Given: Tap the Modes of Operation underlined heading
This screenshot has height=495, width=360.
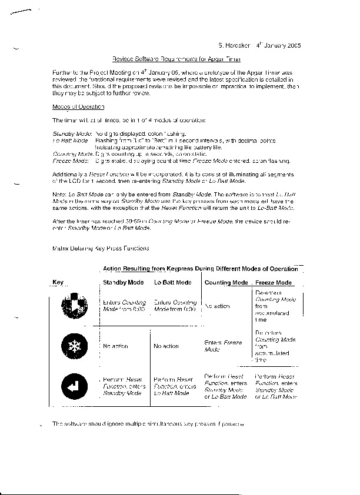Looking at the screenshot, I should pyautogui.click(x=79, y=107).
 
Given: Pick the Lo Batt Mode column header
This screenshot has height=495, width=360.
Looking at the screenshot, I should pyautogui.click(x=172, y=283).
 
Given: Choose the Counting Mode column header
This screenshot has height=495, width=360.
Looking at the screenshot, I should pyautogui.click(x=226, y=283).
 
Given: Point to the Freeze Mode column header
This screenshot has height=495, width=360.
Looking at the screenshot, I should pyautogui.click(x=274, y=283).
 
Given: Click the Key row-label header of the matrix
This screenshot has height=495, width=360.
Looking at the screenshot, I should pyautogui.click(x=58, y=283).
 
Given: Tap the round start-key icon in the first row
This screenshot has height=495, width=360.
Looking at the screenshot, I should pyautogui.click(x=74, y=306).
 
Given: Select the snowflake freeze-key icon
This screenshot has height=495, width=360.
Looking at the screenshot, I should pyautogui.click(x=74, y=346).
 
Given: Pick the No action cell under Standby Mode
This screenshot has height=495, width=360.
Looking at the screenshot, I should pyautogui.click(x=115, y=346).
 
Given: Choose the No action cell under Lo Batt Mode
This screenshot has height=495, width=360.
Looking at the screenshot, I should pyautogui.click(x=166, y=346).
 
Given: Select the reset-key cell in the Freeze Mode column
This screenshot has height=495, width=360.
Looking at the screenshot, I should pyautogui.click(x=276, y=386).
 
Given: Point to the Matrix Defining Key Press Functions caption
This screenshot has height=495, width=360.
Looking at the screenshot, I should pyautogui.click(x=96, y=249).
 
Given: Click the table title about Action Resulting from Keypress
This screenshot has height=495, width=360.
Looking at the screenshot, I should pyautogui.click(x=200, y=268).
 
